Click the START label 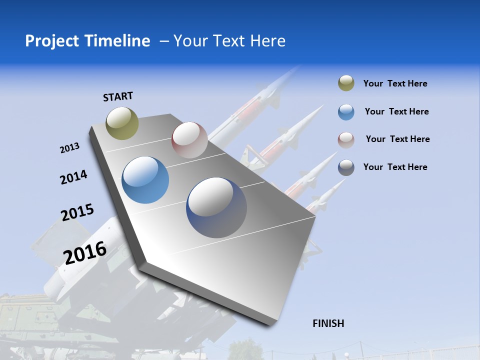118,96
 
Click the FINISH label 328,323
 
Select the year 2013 69,147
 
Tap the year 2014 73,177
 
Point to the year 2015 77,212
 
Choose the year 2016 85,252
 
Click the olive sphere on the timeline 122,123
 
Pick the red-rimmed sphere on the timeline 189,140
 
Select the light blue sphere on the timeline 145,180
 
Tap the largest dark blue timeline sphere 216,207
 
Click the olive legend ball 346,83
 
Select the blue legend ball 346,112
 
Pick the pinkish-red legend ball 346,140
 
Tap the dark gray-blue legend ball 346,167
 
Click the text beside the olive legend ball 395,84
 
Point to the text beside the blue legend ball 396,111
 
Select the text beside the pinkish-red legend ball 397,139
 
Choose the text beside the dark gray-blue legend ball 395,167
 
